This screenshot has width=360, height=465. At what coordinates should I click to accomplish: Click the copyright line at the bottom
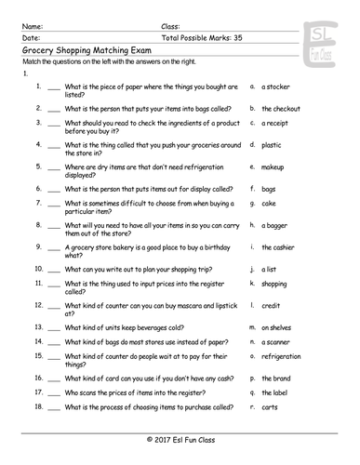tap(180, 437)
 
